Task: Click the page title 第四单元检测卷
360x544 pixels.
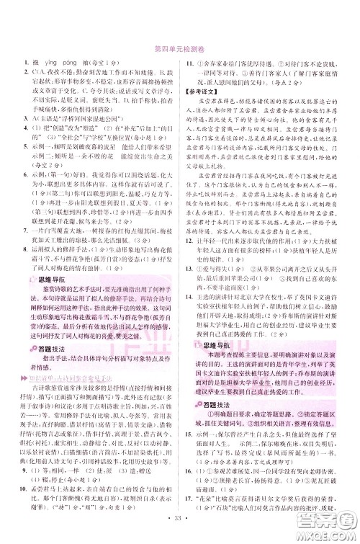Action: point(180,48)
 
